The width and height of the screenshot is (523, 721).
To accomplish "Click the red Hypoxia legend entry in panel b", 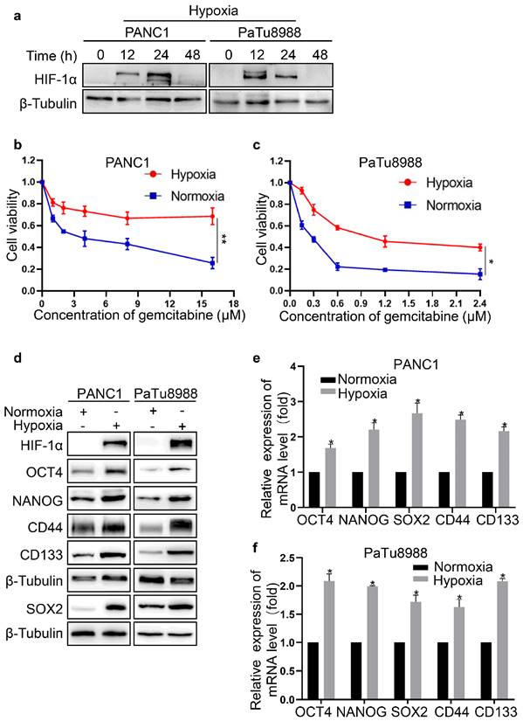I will (x=196, y=176).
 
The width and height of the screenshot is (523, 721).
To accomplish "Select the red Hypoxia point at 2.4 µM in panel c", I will (x=478, y=247).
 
